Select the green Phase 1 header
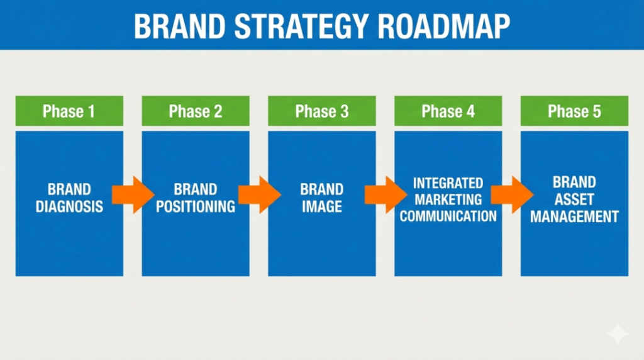[x=69, y=111]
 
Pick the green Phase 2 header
[x=196, y=111]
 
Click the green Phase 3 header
[x=322, y=111]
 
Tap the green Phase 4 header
[x=448, y=111]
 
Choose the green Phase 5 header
[x=574, y=111]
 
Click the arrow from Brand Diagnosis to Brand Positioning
[x=133, y=195]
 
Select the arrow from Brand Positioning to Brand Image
[x=259, y=195]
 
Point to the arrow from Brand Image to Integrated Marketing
[x=386, y=195]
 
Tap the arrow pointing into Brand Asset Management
[x=512, y=195]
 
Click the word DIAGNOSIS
[x=69, y=206]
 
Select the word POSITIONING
[x=196, y=206]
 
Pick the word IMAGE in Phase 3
[x=322, y=206]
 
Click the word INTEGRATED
[x=448, y=183]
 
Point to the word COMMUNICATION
[x=448, y=216]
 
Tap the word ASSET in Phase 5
[x=574, y=200]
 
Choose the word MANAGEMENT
[x=574, y=217]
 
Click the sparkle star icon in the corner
[x=618, y=334]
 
